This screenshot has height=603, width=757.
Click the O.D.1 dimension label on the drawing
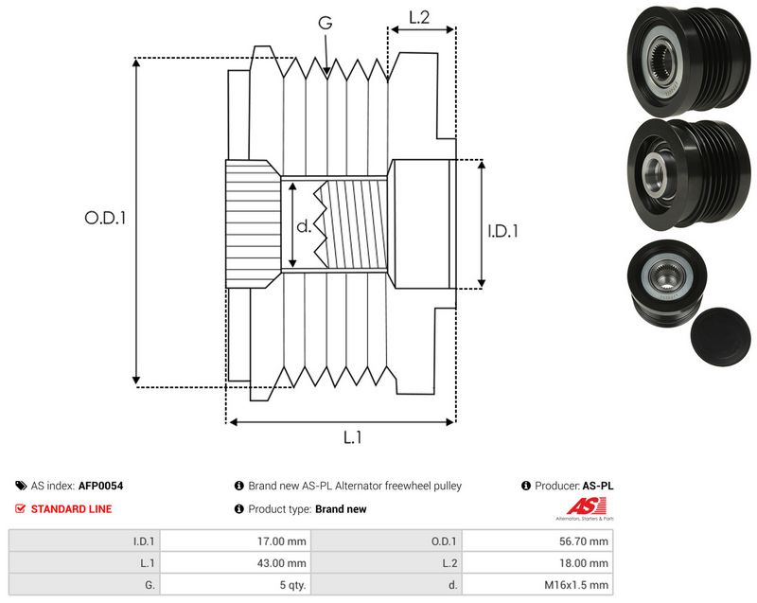point(105,219)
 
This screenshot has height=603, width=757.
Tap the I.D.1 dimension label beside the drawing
point(502,231)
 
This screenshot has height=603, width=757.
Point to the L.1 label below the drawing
point(352,437)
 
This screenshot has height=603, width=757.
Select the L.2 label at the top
point(419,17)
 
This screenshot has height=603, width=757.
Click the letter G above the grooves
point(326,22)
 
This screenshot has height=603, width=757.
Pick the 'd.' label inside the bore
point(304,226)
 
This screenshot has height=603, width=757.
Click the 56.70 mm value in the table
point(584,541)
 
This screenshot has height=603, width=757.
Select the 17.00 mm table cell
point(281,541)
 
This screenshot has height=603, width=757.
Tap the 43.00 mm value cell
point(281,563)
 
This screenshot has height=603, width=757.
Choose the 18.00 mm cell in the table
point(584,563)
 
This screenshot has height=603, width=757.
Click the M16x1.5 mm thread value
point(576,585)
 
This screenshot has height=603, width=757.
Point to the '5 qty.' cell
point(293,585)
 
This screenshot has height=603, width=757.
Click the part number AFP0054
point(100,486)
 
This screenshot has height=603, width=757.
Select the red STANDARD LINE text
point(72,509)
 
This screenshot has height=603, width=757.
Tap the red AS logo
point(586,506)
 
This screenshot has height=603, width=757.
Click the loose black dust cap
point(720,336)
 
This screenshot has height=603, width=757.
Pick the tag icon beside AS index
point(21,486)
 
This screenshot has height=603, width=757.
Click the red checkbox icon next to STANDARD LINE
point(20,509)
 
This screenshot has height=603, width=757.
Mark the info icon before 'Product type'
point(239,509)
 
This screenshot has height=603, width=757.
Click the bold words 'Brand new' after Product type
point(341,509)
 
